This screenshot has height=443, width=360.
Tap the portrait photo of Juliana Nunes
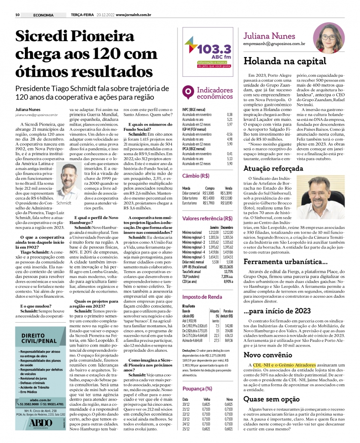tap(329, 38)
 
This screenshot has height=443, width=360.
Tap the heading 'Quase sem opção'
tap(273, 399)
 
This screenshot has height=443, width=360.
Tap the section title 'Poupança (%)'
tap(197, 389)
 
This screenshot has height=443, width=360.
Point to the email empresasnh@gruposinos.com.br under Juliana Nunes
tap(274, 44)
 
